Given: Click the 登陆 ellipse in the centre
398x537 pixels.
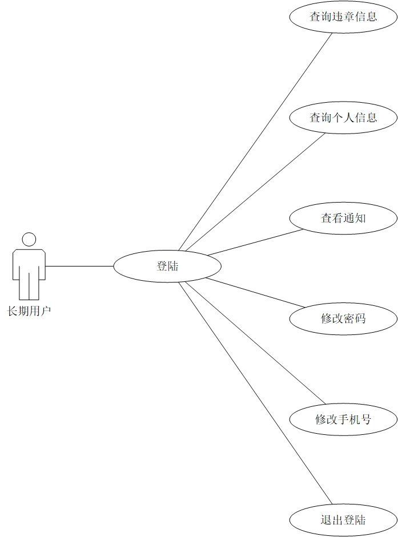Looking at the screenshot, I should pyautogui.click(x=167, y=266).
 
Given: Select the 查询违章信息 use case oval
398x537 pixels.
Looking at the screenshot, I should pyautogui.click(x=343, y=17).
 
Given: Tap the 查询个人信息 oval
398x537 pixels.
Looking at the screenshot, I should pyautogui.click(x=343, y=118).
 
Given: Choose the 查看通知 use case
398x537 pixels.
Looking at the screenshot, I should pyautogui.click(x=343, y=218).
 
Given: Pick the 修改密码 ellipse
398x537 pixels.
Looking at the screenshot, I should pyautogui.click(x=343, y=318).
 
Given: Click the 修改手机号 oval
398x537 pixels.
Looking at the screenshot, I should pyautogui.click(x=343, y=420).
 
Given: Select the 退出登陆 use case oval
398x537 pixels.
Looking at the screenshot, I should pyautogui.click(x=343, y=520).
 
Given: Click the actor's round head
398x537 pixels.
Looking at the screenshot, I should pyautogui.click(x=29, y=239).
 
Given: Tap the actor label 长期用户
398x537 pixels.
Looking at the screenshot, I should pyautogui.click(x=29, y=312).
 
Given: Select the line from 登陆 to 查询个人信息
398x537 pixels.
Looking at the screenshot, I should pyautogui.click(x=251, y=192).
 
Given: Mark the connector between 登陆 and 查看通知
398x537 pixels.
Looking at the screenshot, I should pyautogui.click(x=255, y=242).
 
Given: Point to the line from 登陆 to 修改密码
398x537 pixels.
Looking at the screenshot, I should pyautogui.click(x=255, y=292).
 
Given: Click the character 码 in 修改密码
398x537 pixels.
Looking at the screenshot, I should pyautogui.click(x=360, y=318).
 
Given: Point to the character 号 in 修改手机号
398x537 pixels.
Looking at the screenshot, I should pyautogui.click(x=366, y=420).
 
